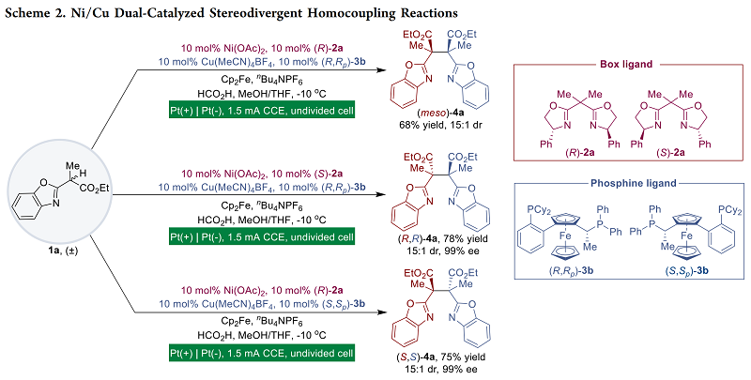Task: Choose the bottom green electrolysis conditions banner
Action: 261,352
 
